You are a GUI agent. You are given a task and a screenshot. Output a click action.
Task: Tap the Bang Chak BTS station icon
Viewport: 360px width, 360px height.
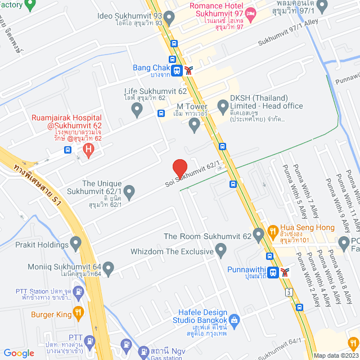pyautogui.click(x=177, y=70)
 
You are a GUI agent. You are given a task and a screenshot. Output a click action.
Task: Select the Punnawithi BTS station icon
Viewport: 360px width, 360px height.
pyautogui.click(x=273, y=272)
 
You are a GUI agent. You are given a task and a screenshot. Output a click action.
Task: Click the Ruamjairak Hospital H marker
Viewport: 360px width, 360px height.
pyautogui.click(x=88, y=150)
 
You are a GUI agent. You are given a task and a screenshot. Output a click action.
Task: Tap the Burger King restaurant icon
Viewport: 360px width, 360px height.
pyautogui.click(x=78, y=311)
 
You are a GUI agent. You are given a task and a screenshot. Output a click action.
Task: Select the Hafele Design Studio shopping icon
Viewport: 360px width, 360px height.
pyautogui.click(x=235, y=320)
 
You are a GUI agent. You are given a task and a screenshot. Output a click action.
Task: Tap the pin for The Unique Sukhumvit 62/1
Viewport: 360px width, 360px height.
pyautogui.click(x=129, y=193)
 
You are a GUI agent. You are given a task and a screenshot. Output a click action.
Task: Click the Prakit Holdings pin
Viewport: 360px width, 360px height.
pyautogui.click(x=76, y=244)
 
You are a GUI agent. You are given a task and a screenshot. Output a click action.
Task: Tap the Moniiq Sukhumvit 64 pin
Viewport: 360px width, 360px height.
pyautogui.click(x=108, y=267)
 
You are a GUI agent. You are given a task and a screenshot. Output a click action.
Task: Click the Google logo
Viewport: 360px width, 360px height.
pyautogui.click(x=19, y=353)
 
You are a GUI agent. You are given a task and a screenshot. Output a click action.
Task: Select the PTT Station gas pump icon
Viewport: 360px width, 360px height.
pyautogui.click(x=79, y=294)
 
